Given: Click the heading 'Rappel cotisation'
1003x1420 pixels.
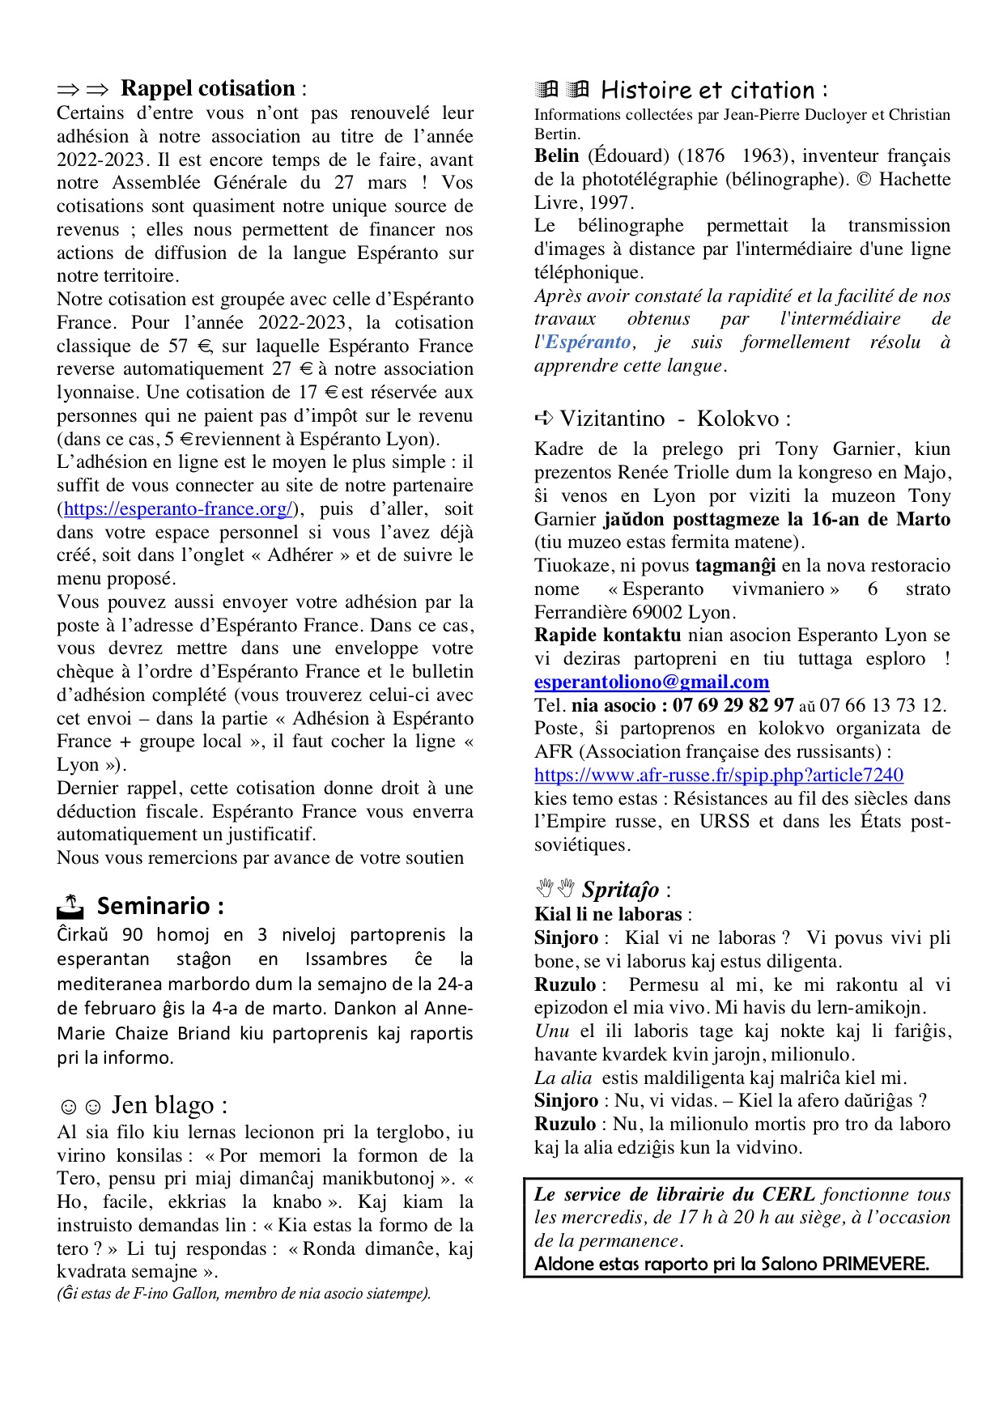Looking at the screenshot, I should pos(207,88).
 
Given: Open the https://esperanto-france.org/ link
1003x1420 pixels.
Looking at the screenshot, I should pos(178,508).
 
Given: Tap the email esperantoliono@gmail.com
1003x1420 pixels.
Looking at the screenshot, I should pos(651,682).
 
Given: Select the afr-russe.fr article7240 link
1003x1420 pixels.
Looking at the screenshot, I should pos(718,775).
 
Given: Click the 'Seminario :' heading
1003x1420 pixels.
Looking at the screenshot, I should pos(160,905).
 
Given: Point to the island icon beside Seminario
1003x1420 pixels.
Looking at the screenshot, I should pos(70,906).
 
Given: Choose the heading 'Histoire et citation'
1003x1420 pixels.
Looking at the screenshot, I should pos(708,90).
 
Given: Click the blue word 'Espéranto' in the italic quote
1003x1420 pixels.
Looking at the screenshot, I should pos(588,342).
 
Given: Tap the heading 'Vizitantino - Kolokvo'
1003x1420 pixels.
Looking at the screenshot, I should pos(669,419).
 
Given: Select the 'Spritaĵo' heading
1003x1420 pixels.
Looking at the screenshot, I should pos(620,890).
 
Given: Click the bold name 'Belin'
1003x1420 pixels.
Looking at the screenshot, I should pos(557,155).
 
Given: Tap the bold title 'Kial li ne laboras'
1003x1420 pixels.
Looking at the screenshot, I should pos(608,914).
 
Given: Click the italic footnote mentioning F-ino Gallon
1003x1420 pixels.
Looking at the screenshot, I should pos(244,1293).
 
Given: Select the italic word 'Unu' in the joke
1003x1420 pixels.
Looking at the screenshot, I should pos(551,1031).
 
